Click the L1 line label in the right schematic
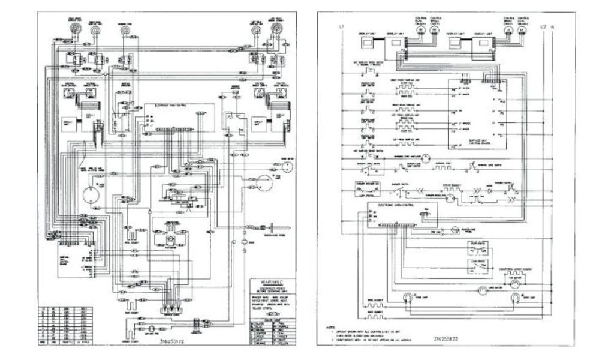pyautogui.click(x=340, y=27)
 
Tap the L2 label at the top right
pyautogui.click(x=543, y=27)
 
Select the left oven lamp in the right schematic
pyautogui.click(x=408, y=296)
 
